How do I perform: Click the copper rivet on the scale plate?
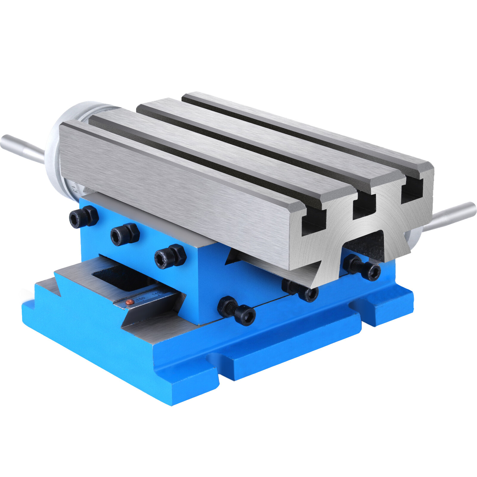(x=129, y=302)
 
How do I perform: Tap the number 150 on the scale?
(x=140, y=299)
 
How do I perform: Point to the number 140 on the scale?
(x=156, y=294)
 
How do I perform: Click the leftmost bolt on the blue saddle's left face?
(x=83, y=217)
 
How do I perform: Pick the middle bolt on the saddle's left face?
(x=125, y=235)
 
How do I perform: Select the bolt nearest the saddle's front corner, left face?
(x=170, y=256)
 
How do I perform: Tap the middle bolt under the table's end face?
(x=300, y=290)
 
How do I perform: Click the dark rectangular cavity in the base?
(x=119, y=277)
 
